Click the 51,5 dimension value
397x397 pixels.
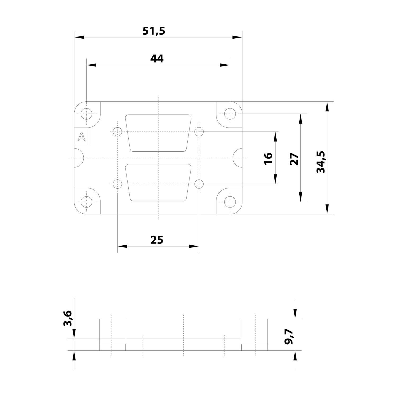(x=154, y=31)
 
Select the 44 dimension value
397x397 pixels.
(x=157, y=58)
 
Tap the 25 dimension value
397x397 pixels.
(x=157, y=240)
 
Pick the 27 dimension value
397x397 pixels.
(x=294, y=159)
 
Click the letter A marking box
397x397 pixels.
(x=82, y=137)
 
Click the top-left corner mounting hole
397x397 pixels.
(x=87, y=114)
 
